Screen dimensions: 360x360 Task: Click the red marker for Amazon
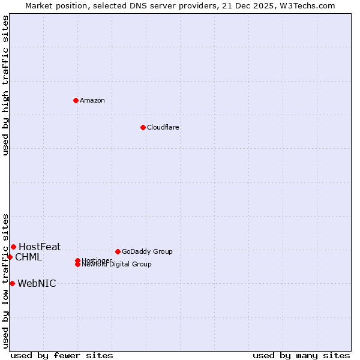(76, 100)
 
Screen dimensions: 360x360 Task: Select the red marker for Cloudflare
(143, 127)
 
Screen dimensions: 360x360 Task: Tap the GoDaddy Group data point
(118, 251)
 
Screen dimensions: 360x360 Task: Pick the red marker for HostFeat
(13, 247)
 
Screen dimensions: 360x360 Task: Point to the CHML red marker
(10, 257)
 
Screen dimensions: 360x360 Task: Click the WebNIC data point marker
(12, 283)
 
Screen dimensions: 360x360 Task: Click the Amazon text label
(92, 100)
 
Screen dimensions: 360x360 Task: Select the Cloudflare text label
(163, 127)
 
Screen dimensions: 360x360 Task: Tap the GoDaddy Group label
(147, 251)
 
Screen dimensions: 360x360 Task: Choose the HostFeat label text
(40, 247)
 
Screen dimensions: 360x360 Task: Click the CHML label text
(28, 257)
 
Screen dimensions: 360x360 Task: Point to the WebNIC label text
(37, 284)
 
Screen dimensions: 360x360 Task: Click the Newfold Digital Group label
(118, 265)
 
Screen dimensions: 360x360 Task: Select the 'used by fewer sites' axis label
(62, 355)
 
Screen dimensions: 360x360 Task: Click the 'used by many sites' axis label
(301, 355)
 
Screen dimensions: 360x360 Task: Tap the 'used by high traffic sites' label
(5, 85)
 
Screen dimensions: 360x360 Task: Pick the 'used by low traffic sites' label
(5, 281)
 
